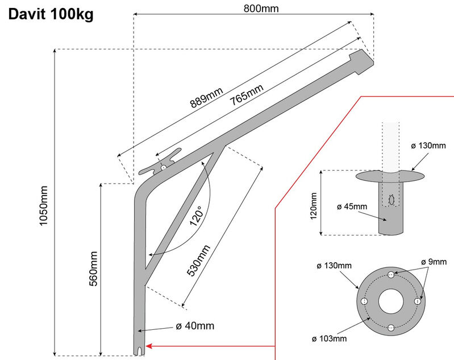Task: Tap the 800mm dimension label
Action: (x=253, y=8)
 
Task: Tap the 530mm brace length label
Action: (x=199, y=260)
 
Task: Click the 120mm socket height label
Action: (x=314, y=202)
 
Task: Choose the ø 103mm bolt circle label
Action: (x=330, y=340)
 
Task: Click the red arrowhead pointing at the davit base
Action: (x=151, y=345)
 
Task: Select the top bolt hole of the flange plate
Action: (x=391, y=275)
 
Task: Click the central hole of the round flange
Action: (x=391, y=301)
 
